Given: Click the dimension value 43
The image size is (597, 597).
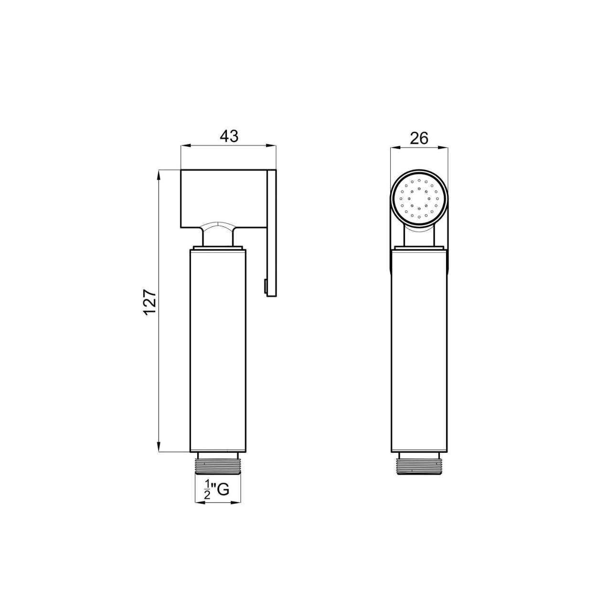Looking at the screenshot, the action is tap(229, 136).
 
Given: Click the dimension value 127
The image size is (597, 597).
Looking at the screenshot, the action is tap(150, 303).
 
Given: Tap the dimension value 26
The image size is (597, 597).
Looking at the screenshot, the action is tap(419, 138).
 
